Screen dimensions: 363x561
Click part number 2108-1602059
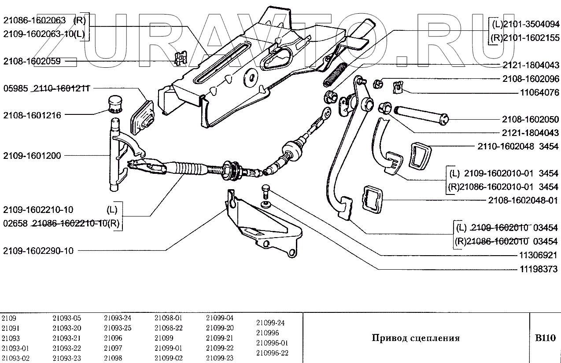point(32,62)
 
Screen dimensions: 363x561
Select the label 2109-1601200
point(32,155)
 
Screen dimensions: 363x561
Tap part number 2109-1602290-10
point(38,251)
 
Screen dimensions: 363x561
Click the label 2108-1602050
point(530,119)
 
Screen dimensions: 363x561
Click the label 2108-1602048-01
point(523,200)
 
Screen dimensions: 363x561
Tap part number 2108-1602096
point(530,79)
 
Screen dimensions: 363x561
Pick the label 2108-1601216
point(32,115)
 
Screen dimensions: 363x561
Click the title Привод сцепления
point(415,338)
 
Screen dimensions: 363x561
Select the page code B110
point(545,338)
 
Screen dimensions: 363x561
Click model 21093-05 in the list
point(66,318)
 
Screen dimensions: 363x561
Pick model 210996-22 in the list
point(272,353)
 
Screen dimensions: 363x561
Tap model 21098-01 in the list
point(169,318)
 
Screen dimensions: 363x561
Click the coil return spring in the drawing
point(336,74)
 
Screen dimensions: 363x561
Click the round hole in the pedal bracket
point(252,77)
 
